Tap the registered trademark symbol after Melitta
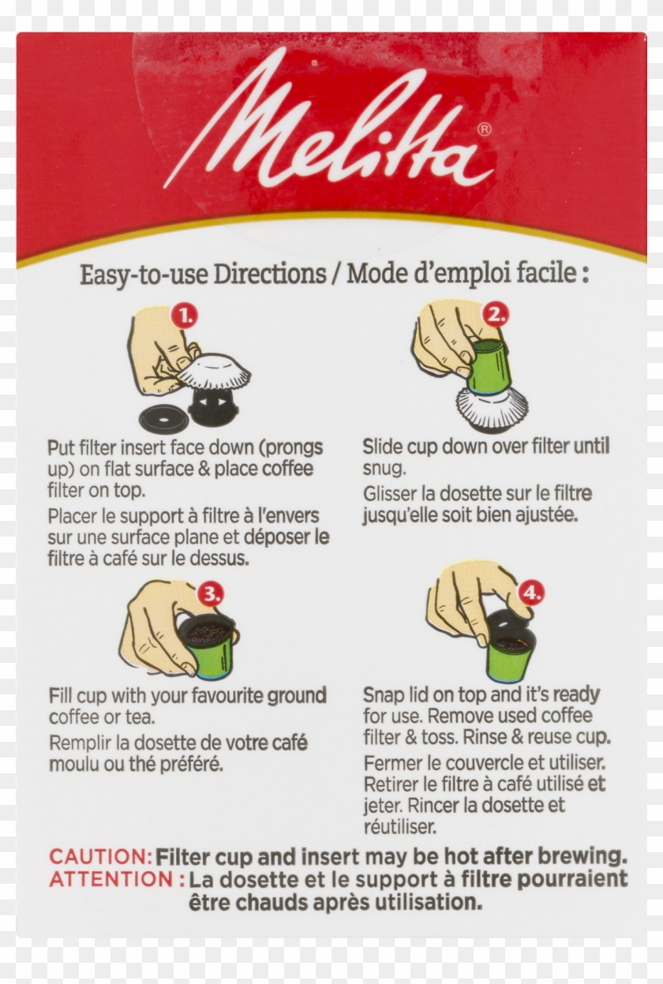click(x=484, y=130)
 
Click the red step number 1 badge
click(x=185, y=316)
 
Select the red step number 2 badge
click(x=496, y=315)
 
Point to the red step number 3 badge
click(x=210, y=593)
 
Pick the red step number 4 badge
click(x=531, y=592)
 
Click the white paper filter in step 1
click(x=214, y=370)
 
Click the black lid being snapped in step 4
click(x=505, y=623)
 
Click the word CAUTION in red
click(x=100, y=857)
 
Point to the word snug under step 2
click(x=384, y=469)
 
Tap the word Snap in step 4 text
click(x=381, y=695)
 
